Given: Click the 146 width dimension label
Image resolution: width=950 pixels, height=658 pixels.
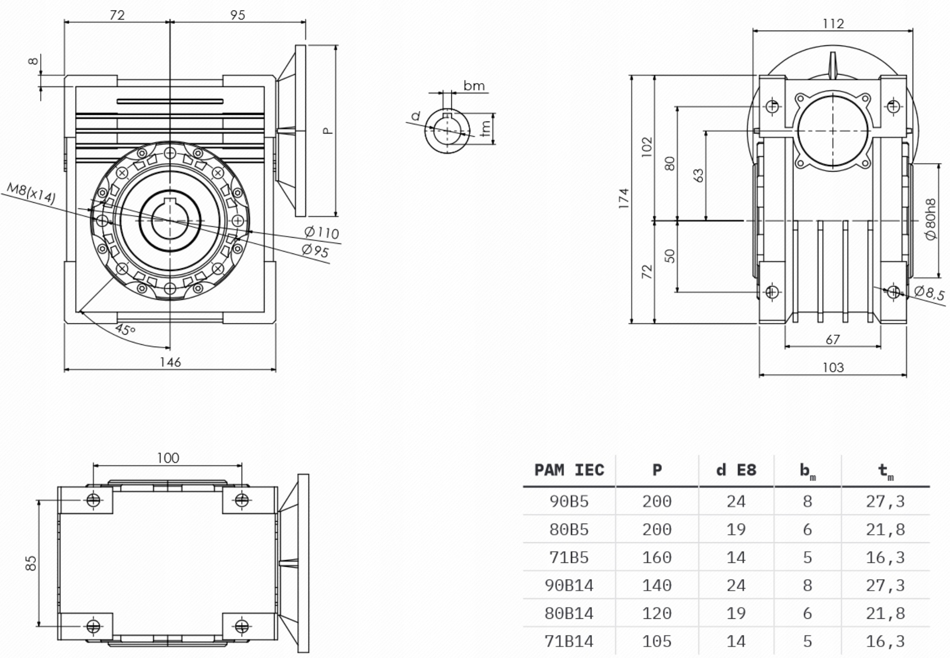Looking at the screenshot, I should pyautogui.click(x=170, y=362).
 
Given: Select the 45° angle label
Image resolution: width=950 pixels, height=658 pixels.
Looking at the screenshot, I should pyautogui.click(x=125, y=329).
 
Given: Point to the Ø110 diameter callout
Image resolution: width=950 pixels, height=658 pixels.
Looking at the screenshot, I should pyautogui.click(x=322, y=232).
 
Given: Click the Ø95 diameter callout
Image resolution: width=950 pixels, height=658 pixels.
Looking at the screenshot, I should pyautogui.click(x=315, y=251).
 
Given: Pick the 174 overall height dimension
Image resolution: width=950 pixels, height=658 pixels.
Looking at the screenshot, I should pyautogui.click(x=624, y=198).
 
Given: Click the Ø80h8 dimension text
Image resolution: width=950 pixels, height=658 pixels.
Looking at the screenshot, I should pyautogui.click(x=930, y=219).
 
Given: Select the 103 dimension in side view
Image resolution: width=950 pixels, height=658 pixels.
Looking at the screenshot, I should pyautogui.click(x=833, y=367).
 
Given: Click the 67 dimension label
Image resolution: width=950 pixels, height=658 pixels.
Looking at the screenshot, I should pyautogui.click(x=833, y=339).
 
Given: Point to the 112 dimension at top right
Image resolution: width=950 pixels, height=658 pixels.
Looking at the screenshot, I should pyautogui.click(x=833, y=23).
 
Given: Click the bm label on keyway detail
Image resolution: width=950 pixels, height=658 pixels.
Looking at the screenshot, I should pyautogui.click(x=474, y=86).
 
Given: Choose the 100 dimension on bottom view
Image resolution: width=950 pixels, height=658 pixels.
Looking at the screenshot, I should pyautogui.click(x=168, y=458).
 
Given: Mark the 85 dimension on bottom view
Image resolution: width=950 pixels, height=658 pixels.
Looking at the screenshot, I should pyautogui.click(x=31, y=563).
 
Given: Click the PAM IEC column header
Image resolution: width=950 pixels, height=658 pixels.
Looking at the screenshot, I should pyautogui.click(x=569, y=470).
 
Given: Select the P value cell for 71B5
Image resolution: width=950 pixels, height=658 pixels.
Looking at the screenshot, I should pyautogui.click(x=657, y=557).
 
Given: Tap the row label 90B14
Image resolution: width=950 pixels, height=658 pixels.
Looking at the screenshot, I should pyautogui.click(x=569, y=585).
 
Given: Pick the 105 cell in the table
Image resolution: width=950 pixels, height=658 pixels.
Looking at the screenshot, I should pyautogui.click(x=657, y=641).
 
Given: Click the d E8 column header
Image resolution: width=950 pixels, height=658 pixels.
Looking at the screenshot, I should pyautogui.click(x=736, y=470).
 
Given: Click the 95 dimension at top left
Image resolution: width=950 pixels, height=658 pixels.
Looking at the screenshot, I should pyautogui.click(x=237, y=15).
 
